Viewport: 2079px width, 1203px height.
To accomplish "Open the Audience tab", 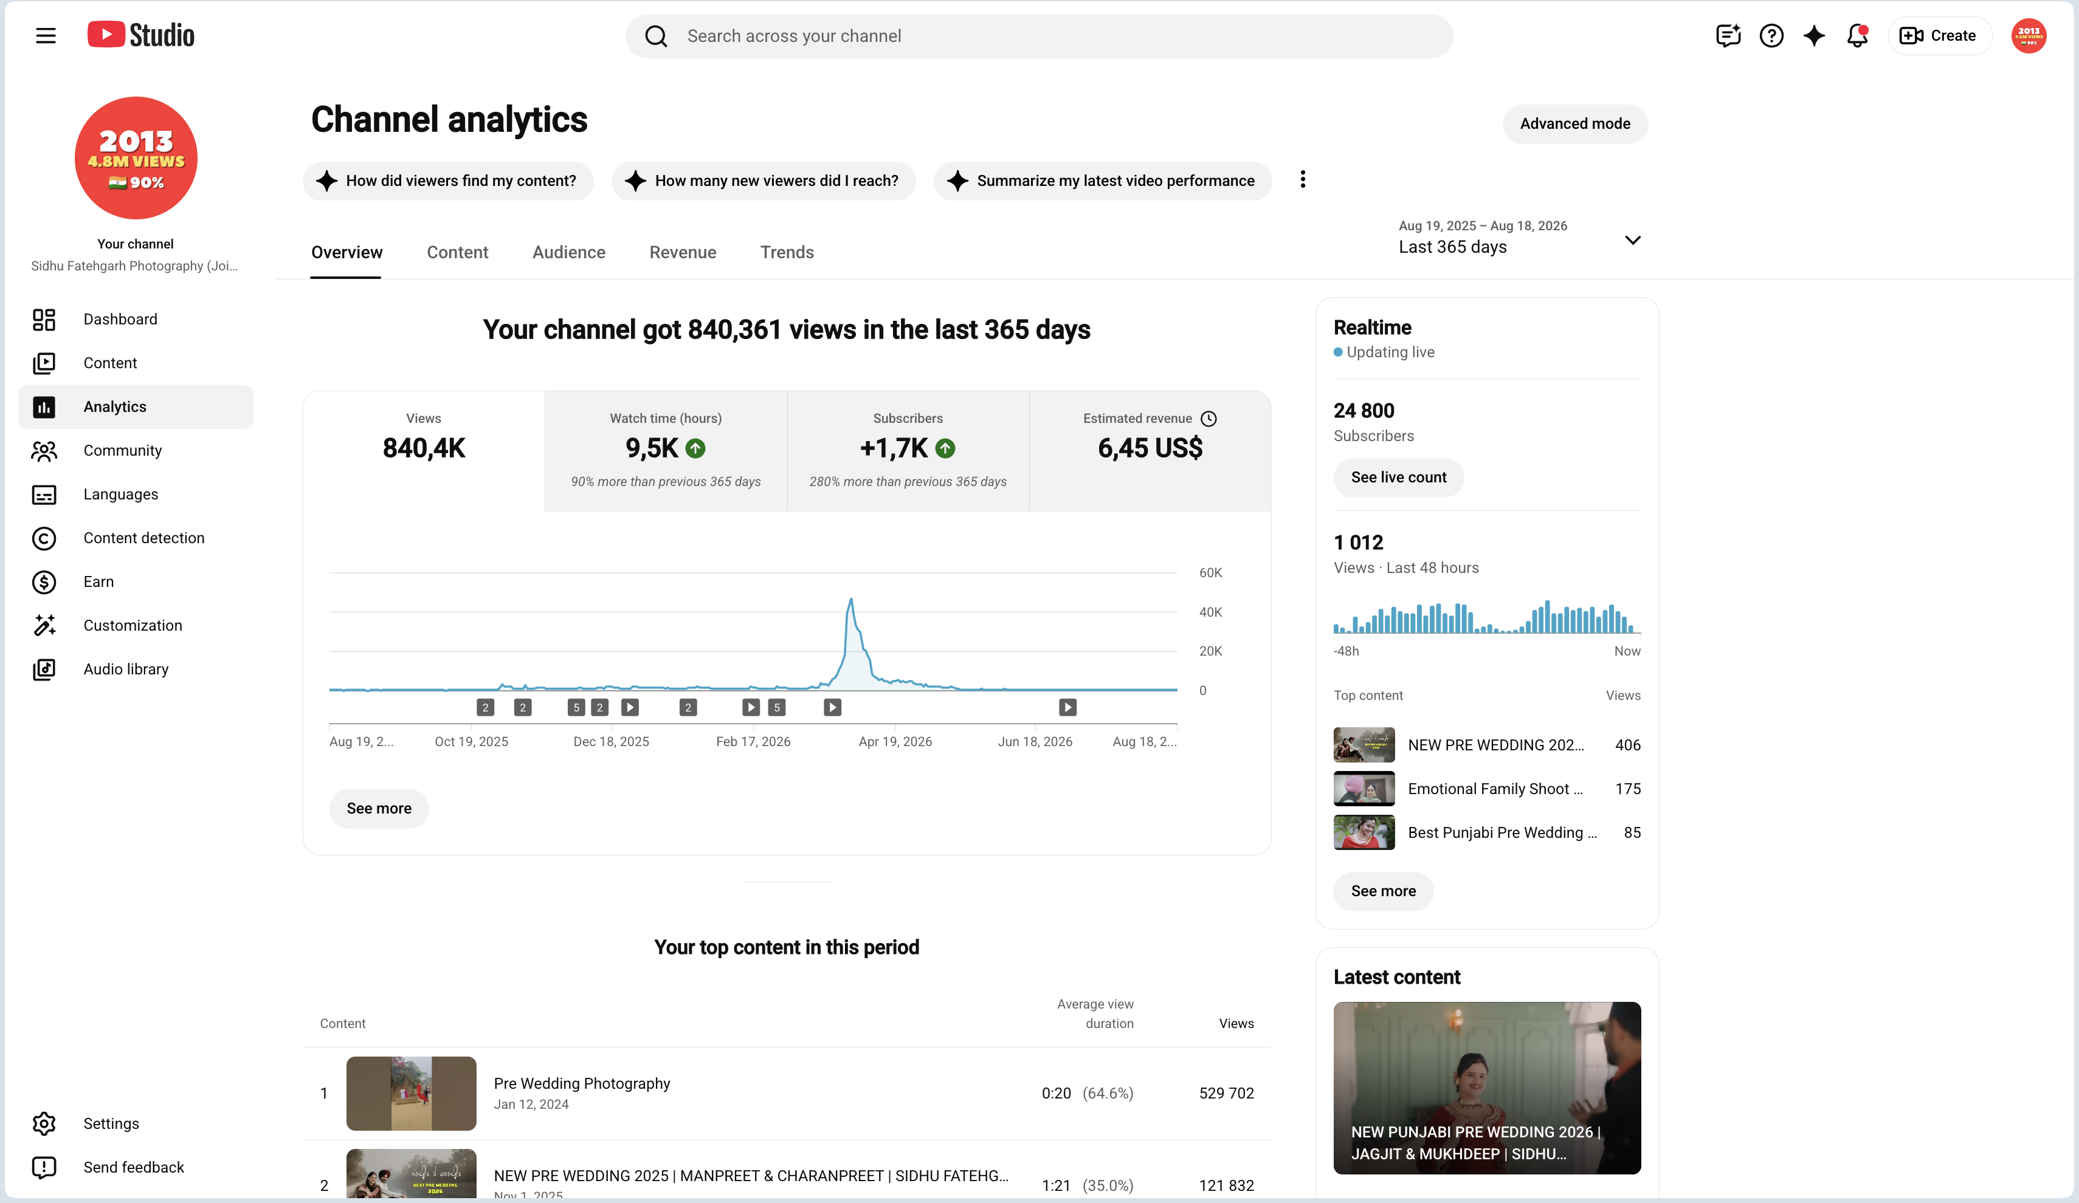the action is (568, 252).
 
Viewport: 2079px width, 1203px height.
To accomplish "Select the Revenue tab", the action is (682, 252).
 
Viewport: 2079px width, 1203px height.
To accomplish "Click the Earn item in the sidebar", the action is (98, 582).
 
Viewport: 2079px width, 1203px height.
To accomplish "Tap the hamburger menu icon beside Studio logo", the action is (46, 35).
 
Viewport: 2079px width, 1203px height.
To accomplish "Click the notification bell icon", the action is (1857, 35).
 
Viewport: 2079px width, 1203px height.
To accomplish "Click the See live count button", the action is (1398, 478).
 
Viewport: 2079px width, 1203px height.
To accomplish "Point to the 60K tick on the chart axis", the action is (1210, 572).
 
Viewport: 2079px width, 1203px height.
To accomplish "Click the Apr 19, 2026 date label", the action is (895, 741).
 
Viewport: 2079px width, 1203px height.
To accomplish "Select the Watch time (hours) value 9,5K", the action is (652, 448).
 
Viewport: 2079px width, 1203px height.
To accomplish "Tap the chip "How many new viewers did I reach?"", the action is (763, 180).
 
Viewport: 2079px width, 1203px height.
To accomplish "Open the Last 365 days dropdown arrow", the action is (1632, 240).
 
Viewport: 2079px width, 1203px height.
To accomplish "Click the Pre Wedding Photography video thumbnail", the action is (411, 1094).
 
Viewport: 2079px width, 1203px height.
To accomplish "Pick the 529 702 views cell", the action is (1226, 1094).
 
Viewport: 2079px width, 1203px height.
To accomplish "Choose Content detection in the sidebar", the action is (143, 538).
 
